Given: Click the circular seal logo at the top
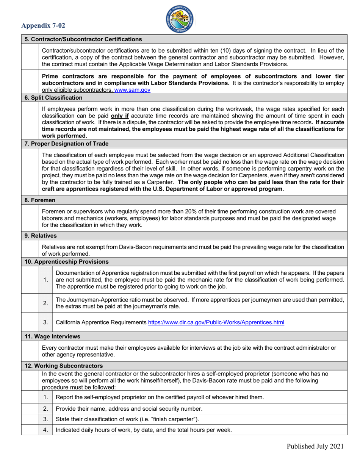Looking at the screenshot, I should click(x=180, y=19).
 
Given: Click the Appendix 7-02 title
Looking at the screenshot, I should click(x=43, y=26).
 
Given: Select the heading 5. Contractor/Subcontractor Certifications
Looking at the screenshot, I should click(x=83, y=39).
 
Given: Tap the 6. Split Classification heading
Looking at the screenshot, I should click(x=53, y=98).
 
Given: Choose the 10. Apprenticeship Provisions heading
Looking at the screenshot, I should click(x=66, y=261).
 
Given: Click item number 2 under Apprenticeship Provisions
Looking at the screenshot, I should click(x=45, y=303).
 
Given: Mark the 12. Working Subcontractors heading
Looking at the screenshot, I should click(x=64, y=366).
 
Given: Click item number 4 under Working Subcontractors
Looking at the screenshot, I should click(x=45, y=430).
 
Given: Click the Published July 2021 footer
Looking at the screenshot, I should click(x=315, y=446).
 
